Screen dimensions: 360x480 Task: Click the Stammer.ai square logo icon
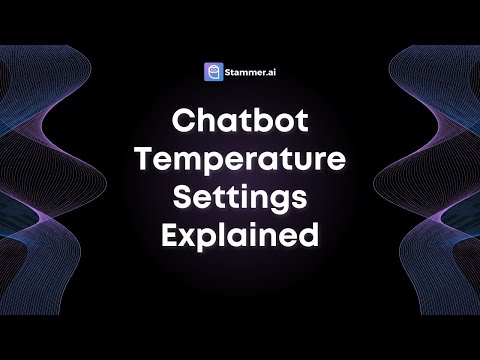pos(212,72)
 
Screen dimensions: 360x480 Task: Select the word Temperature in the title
pos(240,161)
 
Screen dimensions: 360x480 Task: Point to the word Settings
pos(240,200)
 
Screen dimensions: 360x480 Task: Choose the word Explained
pos(240,238)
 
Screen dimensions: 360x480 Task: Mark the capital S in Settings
pos(184,199)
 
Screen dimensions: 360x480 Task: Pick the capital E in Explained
pos(172,237)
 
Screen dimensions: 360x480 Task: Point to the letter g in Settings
pos(277,203)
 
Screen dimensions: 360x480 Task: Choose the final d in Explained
pos(307,237)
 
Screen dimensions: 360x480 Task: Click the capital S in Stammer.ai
pos(228,72)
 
